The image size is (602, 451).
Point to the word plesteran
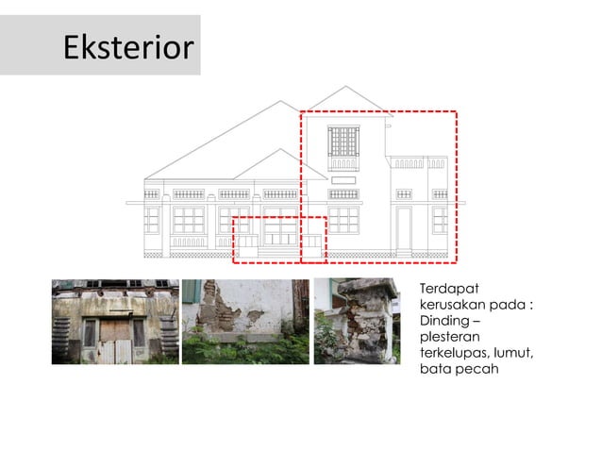449,337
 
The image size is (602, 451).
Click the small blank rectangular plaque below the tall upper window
343,178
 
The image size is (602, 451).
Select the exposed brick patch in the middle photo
226,311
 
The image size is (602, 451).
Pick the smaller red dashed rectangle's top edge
278,217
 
